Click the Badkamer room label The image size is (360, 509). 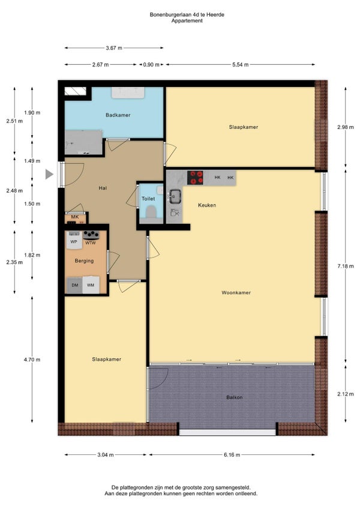coord(118,115)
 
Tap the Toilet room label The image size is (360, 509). coord(148,199)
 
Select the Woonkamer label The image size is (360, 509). coord(236,292)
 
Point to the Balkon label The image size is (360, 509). coord(235,397)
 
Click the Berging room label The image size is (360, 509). coord(84,261)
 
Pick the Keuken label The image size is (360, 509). coord(207,205)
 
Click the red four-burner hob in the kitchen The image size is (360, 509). coord(195,178)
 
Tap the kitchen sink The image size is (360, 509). coord(175,196)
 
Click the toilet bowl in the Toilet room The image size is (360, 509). coord(151,212)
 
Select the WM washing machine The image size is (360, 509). coord(91,285)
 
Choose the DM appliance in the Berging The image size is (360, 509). coord(75,285)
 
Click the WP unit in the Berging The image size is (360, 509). coord(74,240)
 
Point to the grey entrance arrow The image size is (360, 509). coord(49,174)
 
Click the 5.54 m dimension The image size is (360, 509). coord(240,65)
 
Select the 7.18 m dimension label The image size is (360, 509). coord(346,266)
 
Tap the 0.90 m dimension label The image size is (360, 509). coord(151,65)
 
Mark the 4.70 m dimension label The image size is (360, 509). coord(32,360)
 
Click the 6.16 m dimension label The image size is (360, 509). coord(232,455)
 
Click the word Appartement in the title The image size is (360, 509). coord(187,21)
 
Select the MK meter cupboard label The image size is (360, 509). coord(75,217)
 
